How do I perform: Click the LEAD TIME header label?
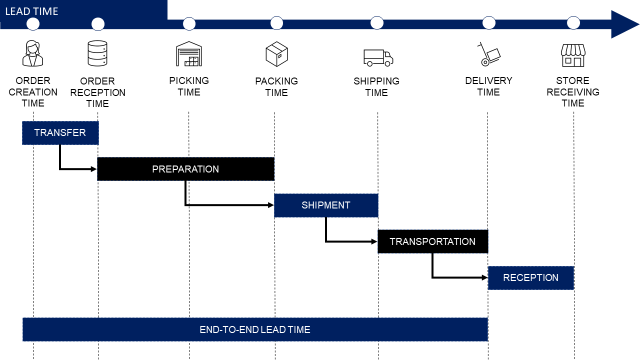(33, 10)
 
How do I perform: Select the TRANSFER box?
(60, 133)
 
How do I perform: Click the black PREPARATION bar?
(185, 169)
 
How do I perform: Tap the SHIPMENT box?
(326, 205)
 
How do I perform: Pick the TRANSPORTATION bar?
(432, 241)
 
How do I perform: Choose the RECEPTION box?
(530, 277)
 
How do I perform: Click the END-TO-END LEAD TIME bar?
(255, 329)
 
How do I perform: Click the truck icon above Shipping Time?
(376, 57)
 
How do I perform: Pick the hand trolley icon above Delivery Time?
(489, 55)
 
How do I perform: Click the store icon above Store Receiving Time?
(573, 54)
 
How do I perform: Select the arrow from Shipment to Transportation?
(345, 240)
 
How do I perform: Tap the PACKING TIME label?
(276, 86)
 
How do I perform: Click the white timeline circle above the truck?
(376, 23)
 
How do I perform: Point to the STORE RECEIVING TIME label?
(573, 92)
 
